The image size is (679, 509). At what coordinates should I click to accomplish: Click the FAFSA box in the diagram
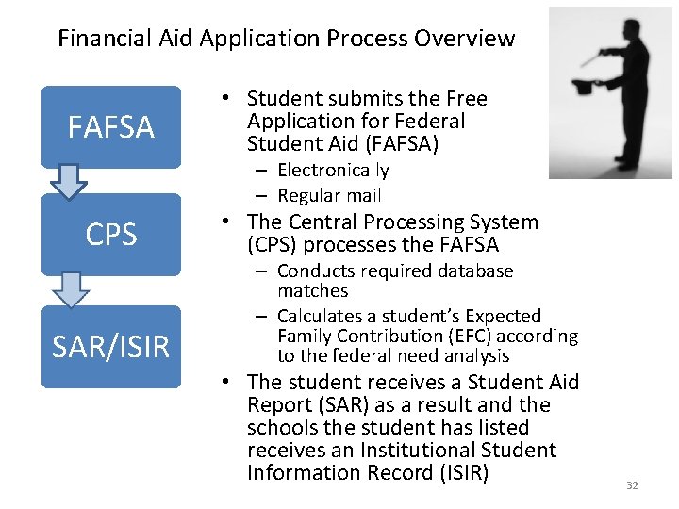click(111, 127)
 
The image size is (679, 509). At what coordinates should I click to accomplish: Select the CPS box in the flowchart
click(111, 235)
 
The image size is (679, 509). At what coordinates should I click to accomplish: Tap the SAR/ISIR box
click(111, 347)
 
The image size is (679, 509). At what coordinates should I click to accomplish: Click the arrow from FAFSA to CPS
click(69, 182)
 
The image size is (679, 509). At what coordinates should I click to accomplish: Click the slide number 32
click(632, 485)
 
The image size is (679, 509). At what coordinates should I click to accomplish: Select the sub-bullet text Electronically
click(333, 171)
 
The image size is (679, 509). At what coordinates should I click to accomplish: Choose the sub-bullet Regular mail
click(329, 195)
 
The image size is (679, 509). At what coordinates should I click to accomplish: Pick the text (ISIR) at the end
click(463, 472)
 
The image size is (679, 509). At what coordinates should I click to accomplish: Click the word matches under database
click(312, 291)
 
